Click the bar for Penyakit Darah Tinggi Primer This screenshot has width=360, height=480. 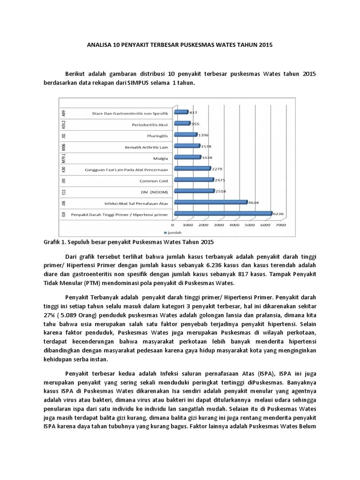tap(223, 214)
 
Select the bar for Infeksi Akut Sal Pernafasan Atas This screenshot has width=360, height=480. tap(210, 202)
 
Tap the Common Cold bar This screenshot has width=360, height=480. tap(194, 180)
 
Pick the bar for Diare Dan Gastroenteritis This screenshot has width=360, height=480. tap(181, 112)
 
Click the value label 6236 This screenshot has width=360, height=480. tap(278, 213)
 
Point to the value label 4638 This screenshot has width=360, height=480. tap(254, 202)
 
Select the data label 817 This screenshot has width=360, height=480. tap(193, 112)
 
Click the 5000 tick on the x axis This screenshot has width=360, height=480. tap(250, 225)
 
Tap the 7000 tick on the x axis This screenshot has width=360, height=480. tap(281, 225)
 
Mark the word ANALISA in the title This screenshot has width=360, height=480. tap(99, 45)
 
